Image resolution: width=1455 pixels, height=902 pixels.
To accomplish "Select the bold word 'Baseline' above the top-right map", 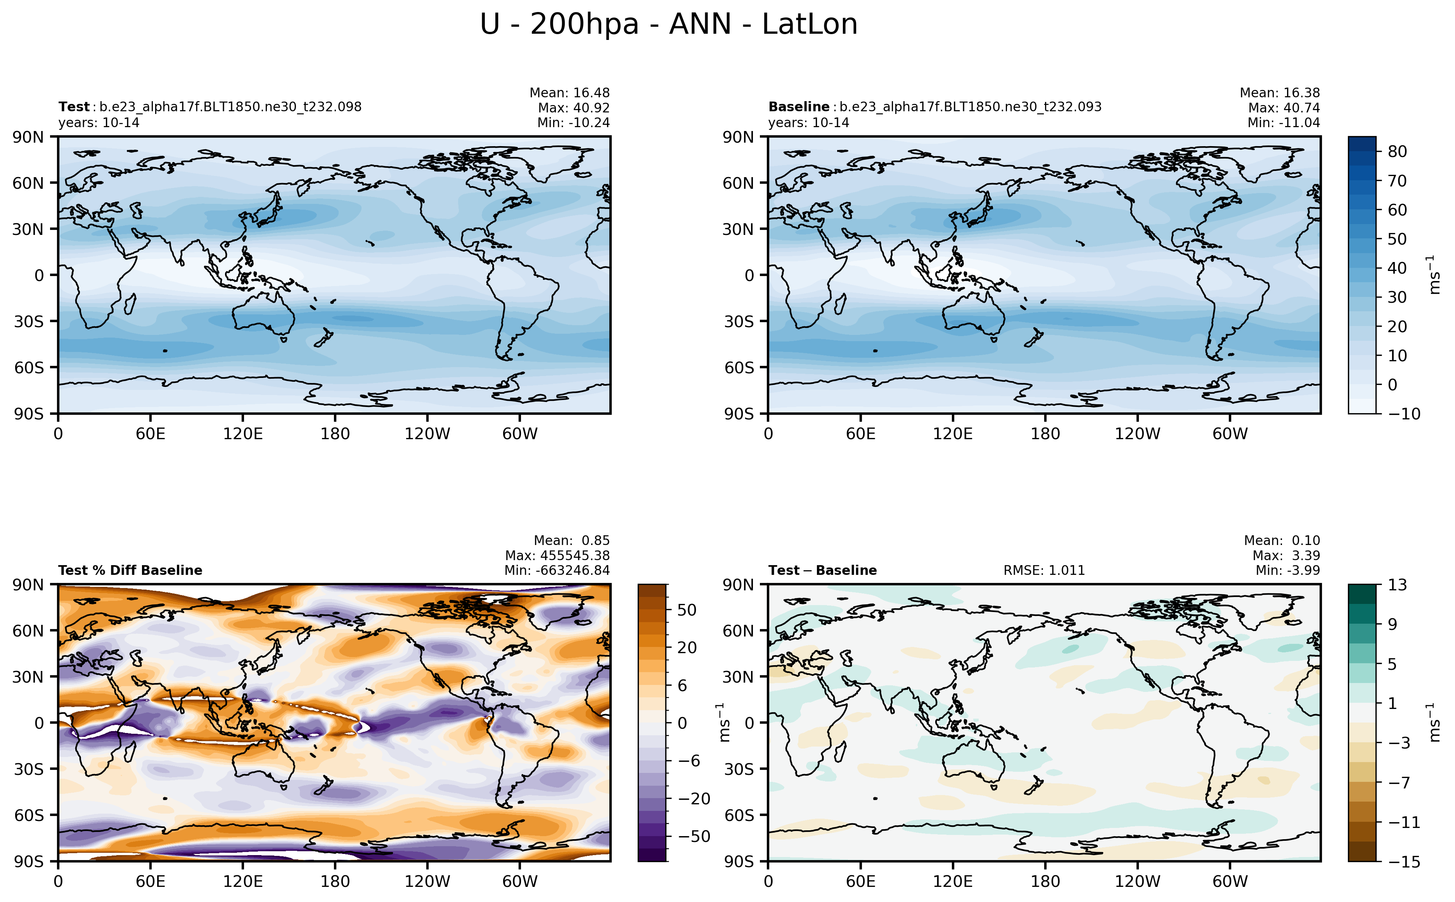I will (x=799, y=107).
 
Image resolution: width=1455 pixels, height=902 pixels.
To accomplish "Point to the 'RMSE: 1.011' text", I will (x=1044, y=570).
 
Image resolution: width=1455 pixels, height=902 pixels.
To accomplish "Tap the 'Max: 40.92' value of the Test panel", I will (x=574, y=108).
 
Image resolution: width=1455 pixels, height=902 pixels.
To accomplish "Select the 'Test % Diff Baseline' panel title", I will (x=130, y=570).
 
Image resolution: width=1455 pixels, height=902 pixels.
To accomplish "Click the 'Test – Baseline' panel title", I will (x=822, y=570).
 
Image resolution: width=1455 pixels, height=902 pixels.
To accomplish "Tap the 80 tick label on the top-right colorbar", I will (x=1397, y=152).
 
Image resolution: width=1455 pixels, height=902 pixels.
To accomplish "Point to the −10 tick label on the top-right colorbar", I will (x=1404, y=414).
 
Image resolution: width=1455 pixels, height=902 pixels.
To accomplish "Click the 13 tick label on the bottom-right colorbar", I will (x=1397, y=585).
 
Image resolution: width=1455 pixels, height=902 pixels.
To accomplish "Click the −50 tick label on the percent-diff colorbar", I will (x=694, y=836).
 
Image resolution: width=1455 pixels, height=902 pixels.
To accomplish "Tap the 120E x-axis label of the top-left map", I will (x=243, y=434).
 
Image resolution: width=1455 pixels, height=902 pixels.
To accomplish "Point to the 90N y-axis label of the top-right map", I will (x=738, y=137).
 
